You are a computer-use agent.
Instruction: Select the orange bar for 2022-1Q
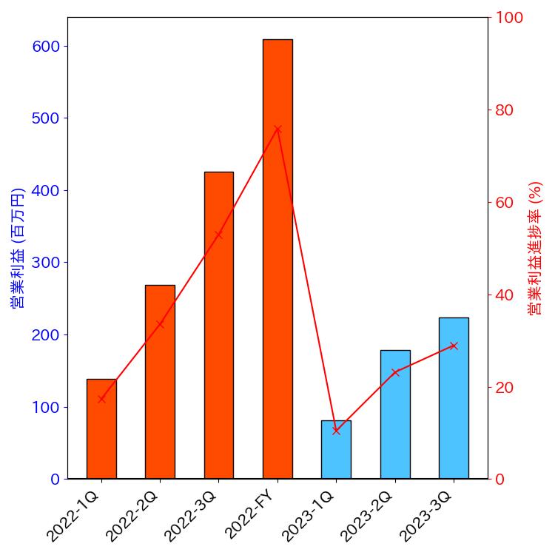[101, 429]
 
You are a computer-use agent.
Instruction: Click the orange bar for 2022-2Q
[160, 382]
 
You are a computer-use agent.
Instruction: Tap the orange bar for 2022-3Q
[218, 326]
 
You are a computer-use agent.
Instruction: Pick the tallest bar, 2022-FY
[277, 259]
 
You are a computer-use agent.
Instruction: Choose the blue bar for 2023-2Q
[395, 414]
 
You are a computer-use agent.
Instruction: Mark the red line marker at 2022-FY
[277, 129]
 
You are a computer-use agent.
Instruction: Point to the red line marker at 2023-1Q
[336, 431]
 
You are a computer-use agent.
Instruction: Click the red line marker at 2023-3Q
[454, 346]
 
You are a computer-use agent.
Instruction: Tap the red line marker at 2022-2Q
[160, 323]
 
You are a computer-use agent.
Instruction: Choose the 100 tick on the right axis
[509, 18]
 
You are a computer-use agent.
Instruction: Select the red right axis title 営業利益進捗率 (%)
[536, 248]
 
